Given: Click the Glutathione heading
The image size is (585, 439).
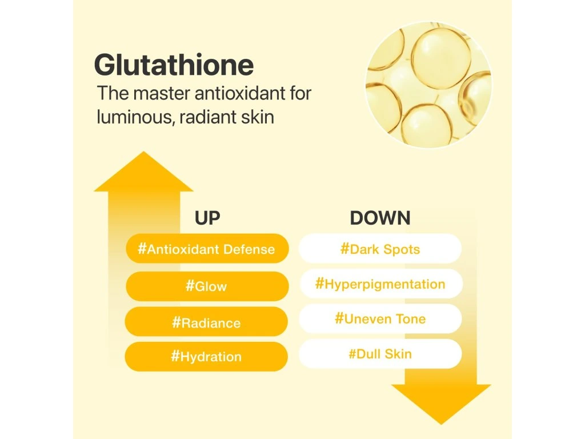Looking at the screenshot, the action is point(174,65).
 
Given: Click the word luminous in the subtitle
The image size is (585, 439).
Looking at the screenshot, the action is point(135,117).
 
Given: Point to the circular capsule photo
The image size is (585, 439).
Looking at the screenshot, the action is point(428,85).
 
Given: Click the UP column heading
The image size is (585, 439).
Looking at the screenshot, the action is point(207,218).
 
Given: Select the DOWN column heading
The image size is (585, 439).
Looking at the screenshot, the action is point(380,218).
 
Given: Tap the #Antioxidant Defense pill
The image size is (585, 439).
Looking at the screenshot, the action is point(207,249).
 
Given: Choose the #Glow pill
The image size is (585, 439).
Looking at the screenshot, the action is point(207,286).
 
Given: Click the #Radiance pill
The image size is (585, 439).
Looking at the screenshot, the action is point(206,322).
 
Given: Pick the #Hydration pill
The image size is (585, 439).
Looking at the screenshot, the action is point(206,357).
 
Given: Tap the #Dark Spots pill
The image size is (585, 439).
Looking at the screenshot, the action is point(380,249).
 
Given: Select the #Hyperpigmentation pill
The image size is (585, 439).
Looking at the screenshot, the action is point(381,284).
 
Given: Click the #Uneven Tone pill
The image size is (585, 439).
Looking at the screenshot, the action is point(380,319).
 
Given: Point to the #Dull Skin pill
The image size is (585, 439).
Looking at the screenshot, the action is point(380,354).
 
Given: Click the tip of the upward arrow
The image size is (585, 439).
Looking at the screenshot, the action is point(143,151).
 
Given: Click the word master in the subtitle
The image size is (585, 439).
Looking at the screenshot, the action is point(161,93).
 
